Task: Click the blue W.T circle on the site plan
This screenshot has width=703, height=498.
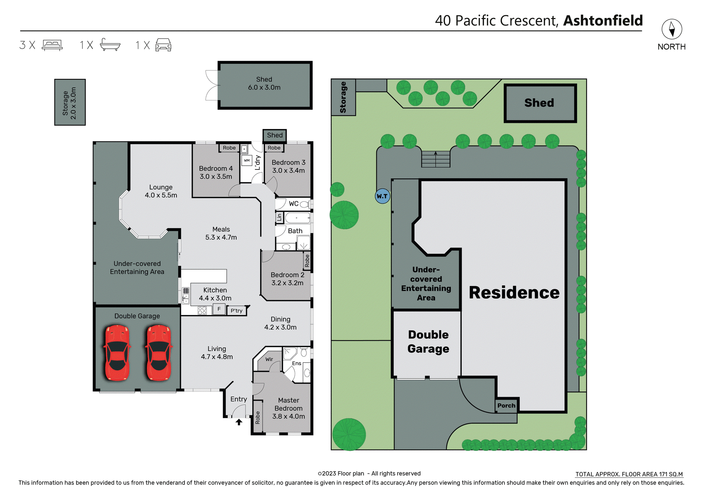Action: click(382, 196)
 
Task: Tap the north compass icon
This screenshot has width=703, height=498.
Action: click(672, 29)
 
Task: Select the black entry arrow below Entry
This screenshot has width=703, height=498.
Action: click(239, 422)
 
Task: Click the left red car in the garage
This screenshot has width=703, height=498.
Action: click(117, 352)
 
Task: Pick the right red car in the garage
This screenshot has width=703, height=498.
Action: click(159, 352)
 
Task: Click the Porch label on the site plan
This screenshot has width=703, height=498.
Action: click(506, 406)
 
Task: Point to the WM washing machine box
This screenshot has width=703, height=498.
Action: click(247, 161)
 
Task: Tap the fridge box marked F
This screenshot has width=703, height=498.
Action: click(219, 309)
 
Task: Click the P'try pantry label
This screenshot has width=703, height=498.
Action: click(237, 311)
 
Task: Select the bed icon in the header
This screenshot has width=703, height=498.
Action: click(52, 45)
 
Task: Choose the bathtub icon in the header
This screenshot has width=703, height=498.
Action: click(110, 45)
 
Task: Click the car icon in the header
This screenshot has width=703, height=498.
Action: click(163, 45)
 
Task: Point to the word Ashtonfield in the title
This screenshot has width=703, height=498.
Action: click(603, 21)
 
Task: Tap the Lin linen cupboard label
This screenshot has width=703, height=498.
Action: click(279, 217)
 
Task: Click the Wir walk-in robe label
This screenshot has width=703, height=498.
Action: click(269, 359)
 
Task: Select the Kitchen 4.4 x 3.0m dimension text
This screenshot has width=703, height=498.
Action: click(215, 298)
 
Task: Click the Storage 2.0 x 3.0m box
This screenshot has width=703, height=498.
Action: click(70, 102)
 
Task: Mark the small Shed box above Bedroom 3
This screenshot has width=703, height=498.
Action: click(275, 135)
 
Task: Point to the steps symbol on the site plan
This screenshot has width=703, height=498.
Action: click(436, 159)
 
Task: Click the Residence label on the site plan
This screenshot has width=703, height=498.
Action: click(514, 293)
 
